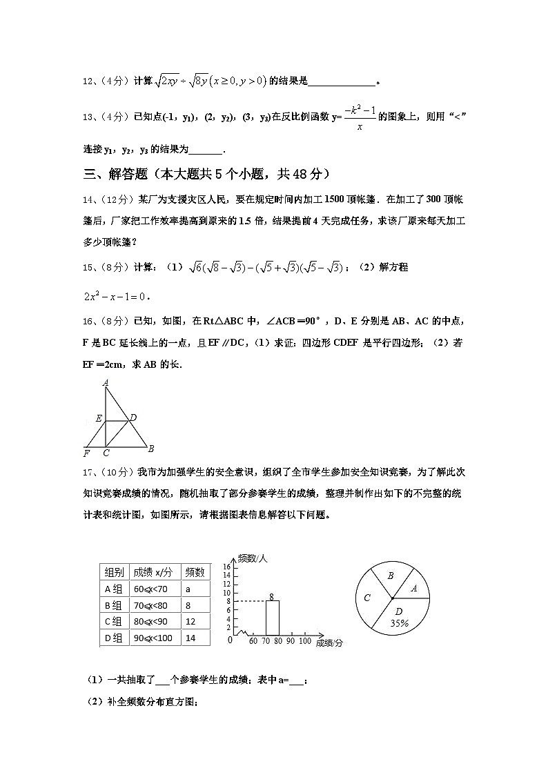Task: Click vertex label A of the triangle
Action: [x=106, y=382]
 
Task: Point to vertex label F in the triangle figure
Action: [x=86, y=453]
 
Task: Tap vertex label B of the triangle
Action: [x=150, y=449]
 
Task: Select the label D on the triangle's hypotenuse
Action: [x=133, y=418]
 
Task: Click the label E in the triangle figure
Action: [x=99, y=419]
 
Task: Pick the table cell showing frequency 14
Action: [x=195, y=638]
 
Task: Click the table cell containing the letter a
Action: [x=195, y=589]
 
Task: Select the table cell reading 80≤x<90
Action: [x=155, y=622]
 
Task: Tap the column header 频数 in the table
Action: [x=195, y=572]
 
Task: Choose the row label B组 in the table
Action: [x=115, y=605]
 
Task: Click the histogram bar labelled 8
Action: [x=273, y=618]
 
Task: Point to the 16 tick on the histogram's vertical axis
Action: [x=227, y=566]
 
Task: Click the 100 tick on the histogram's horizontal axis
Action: [x=305, y=642]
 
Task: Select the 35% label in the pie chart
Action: [x=398, y=622]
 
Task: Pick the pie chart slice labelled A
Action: [x=413, y=589]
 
